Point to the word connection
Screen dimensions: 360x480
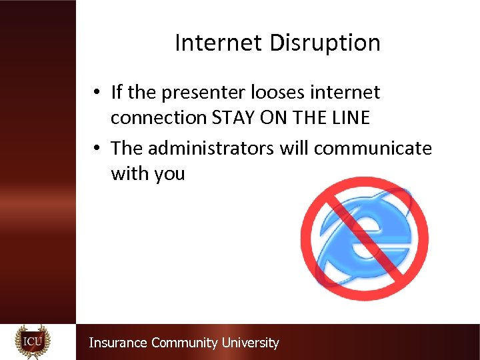159,117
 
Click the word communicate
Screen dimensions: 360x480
373,147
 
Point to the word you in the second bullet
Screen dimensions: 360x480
169,174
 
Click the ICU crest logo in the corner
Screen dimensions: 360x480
33,341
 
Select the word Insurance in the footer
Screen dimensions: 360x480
118,343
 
